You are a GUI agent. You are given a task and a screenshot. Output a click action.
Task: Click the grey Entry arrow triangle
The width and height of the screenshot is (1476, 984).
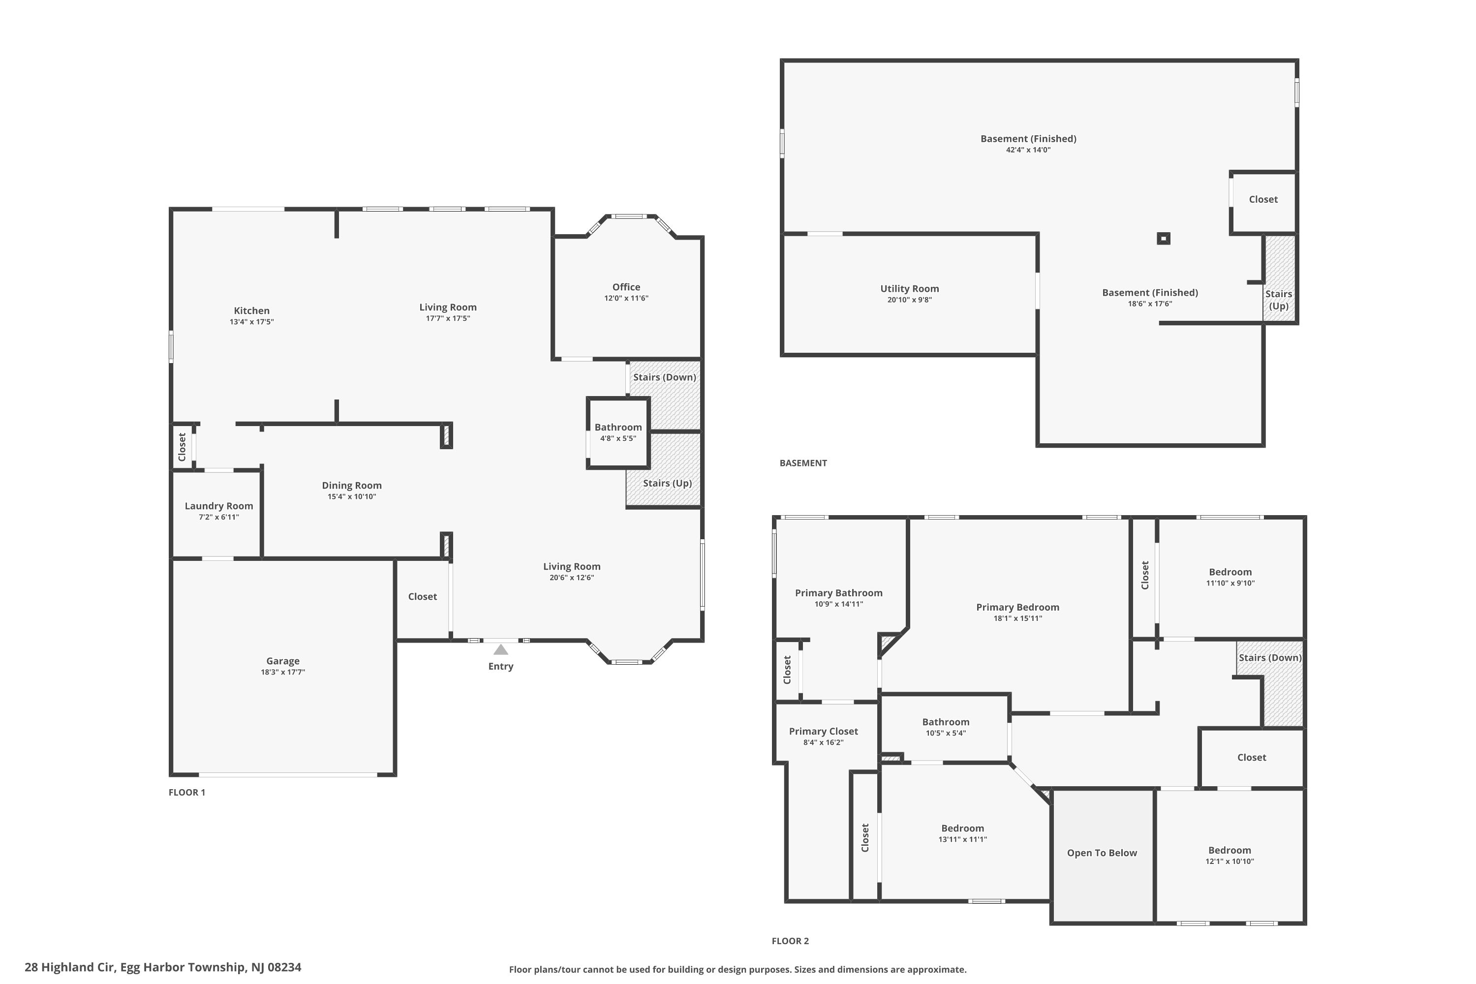point(500,649)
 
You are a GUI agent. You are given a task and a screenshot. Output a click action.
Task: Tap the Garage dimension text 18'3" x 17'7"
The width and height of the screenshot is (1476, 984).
point(282,672)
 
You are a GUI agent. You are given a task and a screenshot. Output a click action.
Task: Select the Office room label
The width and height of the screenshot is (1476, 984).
point(626,287)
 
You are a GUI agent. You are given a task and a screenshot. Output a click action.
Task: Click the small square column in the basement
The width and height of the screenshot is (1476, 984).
point(1163,239)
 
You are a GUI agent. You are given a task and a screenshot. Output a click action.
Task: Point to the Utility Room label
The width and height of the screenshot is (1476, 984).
point(909,289)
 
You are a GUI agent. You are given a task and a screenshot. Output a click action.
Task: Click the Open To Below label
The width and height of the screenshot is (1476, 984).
point(1102,853)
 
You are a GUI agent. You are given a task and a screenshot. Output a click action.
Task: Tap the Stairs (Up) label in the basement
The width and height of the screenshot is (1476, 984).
point(1278,300)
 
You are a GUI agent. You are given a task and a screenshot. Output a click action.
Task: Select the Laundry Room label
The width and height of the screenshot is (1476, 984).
point(218,506)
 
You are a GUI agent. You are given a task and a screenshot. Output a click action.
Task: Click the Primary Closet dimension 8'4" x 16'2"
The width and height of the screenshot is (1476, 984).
point(823,742)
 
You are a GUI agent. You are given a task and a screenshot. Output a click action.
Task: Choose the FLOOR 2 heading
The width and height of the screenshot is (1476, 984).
point(790,941)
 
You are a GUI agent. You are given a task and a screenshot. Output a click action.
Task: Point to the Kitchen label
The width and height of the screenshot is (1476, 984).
point(251,310)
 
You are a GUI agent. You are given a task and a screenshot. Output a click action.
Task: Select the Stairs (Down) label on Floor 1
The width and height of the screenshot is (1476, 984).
point(664,377)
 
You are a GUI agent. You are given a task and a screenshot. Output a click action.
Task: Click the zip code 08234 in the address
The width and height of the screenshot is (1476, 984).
point(284,967)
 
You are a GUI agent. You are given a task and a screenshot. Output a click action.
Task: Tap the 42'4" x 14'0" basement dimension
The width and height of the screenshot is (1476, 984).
point(1027,150)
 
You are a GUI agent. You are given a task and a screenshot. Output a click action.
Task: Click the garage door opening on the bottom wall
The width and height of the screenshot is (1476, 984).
point(287,774)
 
